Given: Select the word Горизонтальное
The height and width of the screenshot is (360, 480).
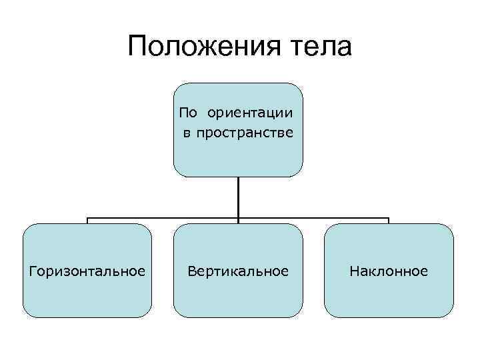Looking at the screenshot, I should tap(87, 271).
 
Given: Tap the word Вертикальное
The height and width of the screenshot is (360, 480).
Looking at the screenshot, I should tap(238, 271).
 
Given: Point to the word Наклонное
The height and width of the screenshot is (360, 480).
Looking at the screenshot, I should tap(389, 271).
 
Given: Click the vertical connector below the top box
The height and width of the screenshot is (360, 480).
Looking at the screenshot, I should tap(238, 197).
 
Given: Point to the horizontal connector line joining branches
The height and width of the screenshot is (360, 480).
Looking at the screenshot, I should tap(167, 217).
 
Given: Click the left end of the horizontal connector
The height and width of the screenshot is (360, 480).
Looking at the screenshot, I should tap(87, 218).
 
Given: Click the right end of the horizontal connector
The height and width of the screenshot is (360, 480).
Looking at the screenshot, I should tap(389, 218).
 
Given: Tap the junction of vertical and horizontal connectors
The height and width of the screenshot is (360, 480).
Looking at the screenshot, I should tap(238, 217).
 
